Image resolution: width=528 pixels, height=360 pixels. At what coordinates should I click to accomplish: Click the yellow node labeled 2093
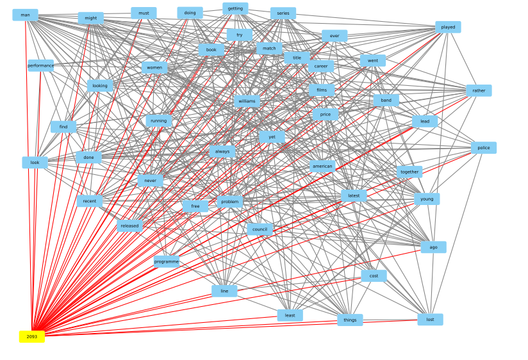[32, 336]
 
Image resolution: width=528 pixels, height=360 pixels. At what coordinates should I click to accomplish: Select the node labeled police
[484, 148]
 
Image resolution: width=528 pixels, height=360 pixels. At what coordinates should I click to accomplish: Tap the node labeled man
[25, 15]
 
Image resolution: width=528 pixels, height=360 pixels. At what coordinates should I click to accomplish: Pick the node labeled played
[448, 27]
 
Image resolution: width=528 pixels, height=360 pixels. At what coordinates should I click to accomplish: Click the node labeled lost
[430, 319]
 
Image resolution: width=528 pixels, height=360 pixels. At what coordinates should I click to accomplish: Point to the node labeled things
[350, 320]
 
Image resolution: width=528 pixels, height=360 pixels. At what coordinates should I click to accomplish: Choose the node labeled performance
[41, 65]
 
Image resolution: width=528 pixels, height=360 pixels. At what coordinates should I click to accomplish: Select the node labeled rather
[479, 90]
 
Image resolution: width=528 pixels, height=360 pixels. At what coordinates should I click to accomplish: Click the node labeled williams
[247, 101]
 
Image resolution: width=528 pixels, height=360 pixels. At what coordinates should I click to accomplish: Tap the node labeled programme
[167, 261]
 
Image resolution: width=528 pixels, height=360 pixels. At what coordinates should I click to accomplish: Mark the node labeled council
[260, 229]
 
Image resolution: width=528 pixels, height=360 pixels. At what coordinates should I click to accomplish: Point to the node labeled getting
[235, 8]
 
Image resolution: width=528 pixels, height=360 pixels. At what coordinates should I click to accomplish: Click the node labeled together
[409, 172]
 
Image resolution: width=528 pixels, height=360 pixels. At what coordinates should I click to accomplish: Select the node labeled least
[290, 315]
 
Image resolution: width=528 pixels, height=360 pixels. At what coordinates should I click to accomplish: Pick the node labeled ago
[434, 247]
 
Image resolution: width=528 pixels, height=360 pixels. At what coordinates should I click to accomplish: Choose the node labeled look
[35, 163]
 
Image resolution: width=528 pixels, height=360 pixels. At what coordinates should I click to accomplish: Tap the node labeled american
[322, 167]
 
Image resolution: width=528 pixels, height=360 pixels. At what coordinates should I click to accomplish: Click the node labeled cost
[374, 276]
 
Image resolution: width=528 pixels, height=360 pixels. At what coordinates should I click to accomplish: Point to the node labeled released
[129, 225]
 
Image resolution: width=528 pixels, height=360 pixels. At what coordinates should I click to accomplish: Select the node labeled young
[427, 199]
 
